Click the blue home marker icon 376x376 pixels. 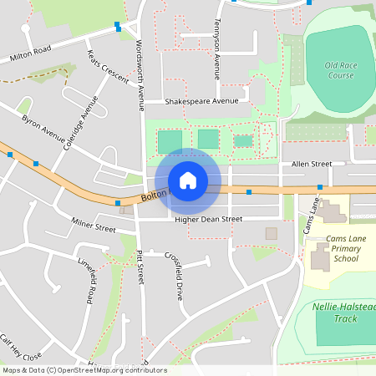pyautogui.click(x=188, y=180)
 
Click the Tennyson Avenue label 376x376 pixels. pyautogui.click(x=216, y=46)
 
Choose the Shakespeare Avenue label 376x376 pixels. pyautogui.click(x=201, y=101)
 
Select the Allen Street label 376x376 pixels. pyautogui.click(x=311, y=164)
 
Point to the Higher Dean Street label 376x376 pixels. pyautogui.click(x=208, y=219)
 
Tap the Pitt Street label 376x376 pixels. pyautogui.click(x=140, y=267)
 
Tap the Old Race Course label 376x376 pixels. pyautogui.click(x=340, y=70)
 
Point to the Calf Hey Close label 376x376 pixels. pyautogui.click(x=21, y=347)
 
